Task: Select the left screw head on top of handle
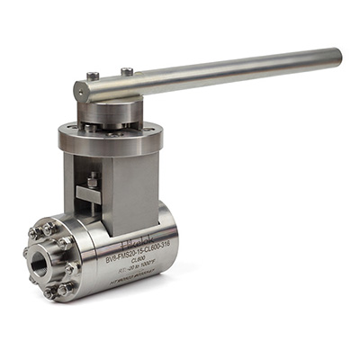pos(93,76)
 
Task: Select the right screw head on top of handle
pos(127,71)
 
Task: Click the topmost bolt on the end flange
pos(49,229)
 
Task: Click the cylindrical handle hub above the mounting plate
pos(106,112)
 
